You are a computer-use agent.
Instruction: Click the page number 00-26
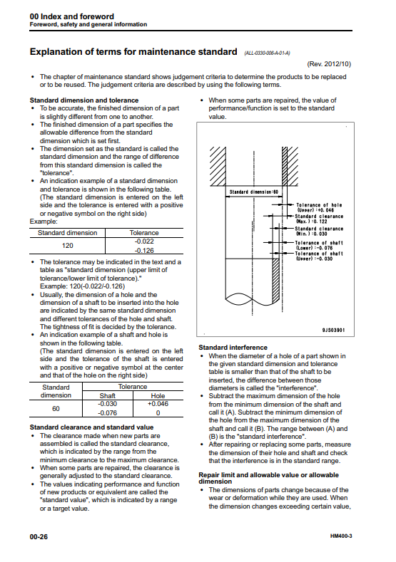39,536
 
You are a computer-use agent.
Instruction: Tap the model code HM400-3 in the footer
341,536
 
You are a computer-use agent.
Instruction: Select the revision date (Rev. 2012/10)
329,64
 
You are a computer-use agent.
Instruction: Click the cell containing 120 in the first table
68,246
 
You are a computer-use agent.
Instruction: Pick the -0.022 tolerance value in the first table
144,241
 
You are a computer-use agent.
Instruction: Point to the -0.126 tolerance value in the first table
144,251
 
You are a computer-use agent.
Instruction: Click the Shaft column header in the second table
107,396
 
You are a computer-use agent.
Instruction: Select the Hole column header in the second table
158,396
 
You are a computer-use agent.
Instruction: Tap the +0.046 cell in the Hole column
158,404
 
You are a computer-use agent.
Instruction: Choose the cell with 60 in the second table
56,409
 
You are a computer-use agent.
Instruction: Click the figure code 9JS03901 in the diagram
333,330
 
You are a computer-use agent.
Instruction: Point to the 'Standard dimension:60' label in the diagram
254,192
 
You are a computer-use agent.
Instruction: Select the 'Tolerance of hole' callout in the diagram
319,207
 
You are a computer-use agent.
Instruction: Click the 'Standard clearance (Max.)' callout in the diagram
319,219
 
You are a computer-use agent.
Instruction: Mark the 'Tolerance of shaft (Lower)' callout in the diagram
319,245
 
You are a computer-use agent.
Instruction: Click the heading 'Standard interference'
233,348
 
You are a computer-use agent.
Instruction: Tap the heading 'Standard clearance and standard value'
91,427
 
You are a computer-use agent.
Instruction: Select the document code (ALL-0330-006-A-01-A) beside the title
267,53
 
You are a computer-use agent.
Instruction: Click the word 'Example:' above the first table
44,222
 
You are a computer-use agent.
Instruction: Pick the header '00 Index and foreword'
72,16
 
